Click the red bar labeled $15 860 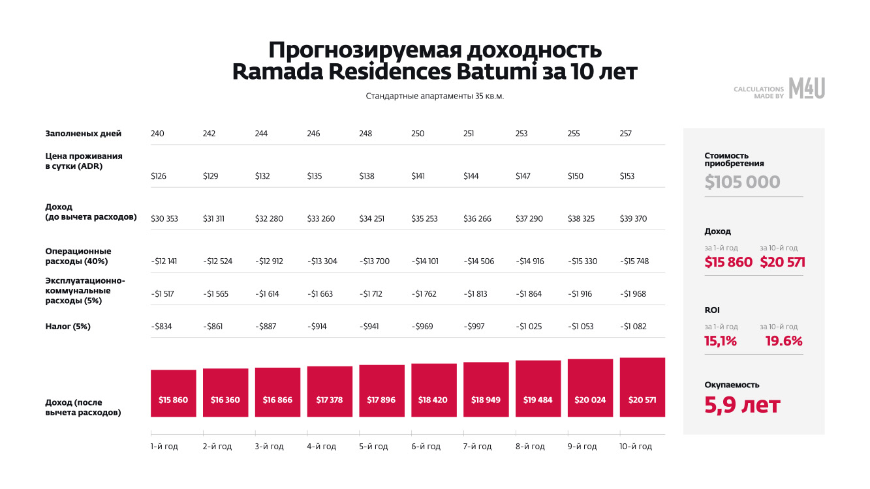pos(173,393)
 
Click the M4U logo pos(807,88)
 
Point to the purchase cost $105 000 pos(742,182)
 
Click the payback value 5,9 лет pos(742,405)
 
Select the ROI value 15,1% pos(721,340)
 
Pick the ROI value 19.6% pos(781,340)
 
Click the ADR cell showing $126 pos(159,176)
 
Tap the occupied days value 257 pos(626,134)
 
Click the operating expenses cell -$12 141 pos(164,261)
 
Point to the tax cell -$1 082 pos(633,326)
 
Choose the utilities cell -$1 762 pos(426,293)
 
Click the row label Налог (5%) pos(68,326)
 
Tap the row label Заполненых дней pos(84,134)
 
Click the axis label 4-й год pos(322,447)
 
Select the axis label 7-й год pos(478,447)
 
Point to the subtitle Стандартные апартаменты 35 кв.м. pos(435,96)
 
